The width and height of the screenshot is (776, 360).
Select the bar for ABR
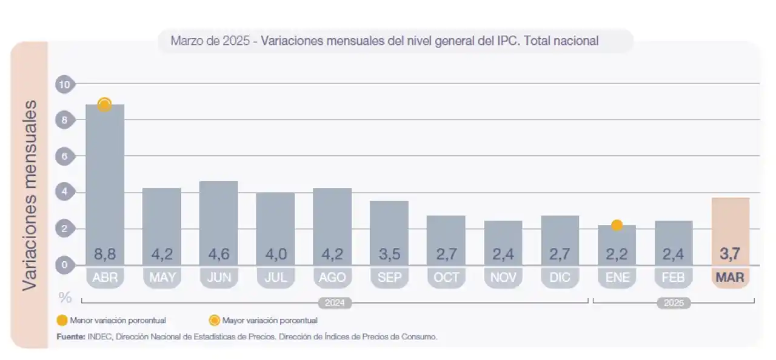coord(105,182)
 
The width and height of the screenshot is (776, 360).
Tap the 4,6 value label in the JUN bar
coord(218,254)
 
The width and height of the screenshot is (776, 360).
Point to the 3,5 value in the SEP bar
coord(389,254)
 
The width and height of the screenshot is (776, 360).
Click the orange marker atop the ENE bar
coord(617,225)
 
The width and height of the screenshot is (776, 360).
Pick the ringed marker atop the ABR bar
coord(104,104)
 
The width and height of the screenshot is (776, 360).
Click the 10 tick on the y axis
coord(64,84)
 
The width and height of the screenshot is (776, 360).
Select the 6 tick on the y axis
coord(64,156)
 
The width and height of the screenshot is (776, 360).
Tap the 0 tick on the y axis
coord(64,265)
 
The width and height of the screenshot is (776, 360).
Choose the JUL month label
coord(275,278)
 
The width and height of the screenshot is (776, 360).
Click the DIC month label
coord(560,278)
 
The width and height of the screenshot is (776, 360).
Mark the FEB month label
coord(674,278)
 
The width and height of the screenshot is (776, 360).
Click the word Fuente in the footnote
coord(70,336)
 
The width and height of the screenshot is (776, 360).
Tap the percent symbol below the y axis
coord(65,298)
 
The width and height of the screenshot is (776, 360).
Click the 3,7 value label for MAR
coord(731,254)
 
